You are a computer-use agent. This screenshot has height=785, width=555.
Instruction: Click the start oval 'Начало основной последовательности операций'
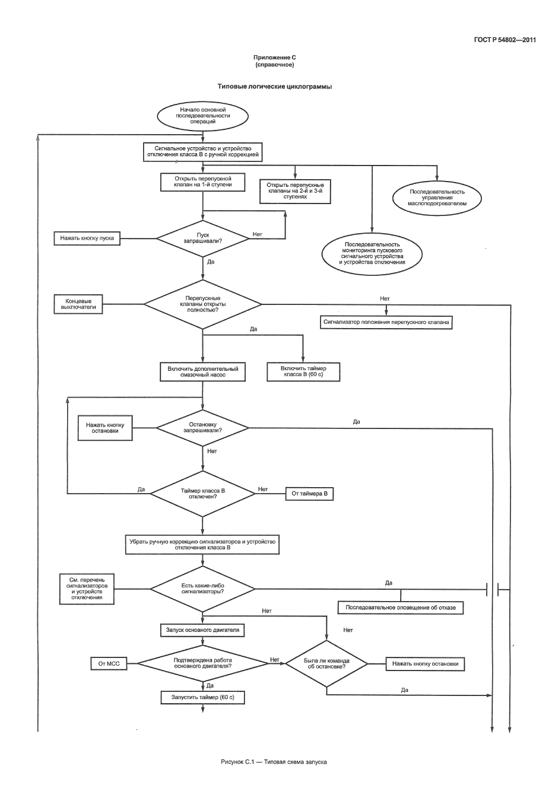coord(202,115)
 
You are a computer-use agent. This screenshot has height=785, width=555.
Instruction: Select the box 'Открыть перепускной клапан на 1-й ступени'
coord(203,182)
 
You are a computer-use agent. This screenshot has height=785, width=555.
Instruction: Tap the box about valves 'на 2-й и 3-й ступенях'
coord(295,190)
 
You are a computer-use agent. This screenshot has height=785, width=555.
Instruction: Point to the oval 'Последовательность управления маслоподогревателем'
coord(437,198)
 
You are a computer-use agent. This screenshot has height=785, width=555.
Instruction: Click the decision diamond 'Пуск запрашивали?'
coord(202,238)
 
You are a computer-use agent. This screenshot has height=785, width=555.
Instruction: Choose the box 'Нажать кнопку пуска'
coord(87,239)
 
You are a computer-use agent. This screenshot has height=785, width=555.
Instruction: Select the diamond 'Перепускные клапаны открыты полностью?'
coord(202,304)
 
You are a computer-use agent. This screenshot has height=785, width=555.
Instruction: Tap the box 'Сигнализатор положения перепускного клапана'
coord(386,323)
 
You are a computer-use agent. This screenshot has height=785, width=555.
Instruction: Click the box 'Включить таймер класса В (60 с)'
coord(303,372)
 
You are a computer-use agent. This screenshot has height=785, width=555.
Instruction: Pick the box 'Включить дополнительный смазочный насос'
coord(202,372)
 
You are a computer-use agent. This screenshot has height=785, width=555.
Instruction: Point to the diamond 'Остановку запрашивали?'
coord(202,427)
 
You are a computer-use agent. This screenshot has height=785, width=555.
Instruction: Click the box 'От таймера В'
coord(309,494)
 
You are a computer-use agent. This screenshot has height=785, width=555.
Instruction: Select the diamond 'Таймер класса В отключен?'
coord(202,494)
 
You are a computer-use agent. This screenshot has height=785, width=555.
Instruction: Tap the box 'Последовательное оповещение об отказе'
coord(400,608)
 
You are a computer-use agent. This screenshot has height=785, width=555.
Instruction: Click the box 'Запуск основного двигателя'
coord(202,630)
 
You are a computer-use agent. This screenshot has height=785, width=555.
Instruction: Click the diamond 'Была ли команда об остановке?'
coord(326,663)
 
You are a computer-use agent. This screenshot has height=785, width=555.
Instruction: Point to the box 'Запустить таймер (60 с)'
coord(202,698)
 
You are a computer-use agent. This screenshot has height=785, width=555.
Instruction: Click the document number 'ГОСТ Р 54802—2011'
coord(505,40)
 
